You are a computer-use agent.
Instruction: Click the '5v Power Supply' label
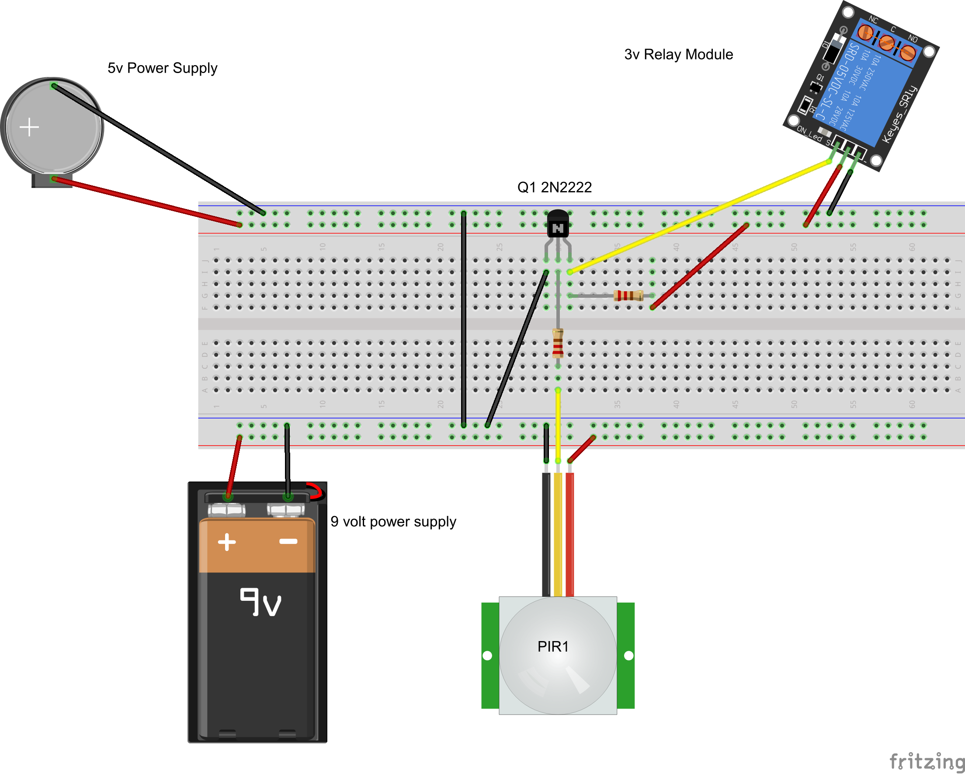click(162, 68)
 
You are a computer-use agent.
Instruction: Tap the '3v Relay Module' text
click(678, 55)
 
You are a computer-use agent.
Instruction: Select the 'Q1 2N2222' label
click(554, 187)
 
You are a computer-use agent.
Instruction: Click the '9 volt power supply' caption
click(393, 522)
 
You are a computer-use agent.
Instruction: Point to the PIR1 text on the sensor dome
click(553, 646)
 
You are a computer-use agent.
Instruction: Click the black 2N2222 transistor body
click(558, 224)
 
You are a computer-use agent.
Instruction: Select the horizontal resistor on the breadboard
click(628, 295)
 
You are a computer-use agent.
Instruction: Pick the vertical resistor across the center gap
click(558, 344)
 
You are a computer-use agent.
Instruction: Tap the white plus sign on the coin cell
click(30, 127)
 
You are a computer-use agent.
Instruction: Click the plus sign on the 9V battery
click(227, 542)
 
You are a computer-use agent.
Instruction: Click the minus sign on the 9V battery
click(288, 541)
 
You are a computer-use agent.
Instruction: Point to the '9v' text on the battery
click(261, 603)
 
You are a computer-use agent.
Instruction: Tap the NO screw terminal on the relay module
click(908, 53)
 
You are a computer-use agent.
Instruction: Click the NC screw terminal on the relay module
click(866, 33)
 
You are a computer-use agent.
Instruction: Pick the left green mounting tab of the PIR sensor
click(489, 655)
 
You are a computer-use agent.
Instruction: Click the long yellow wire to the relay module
click(698, 217)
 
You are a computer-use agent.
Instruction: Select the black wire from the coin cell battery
click(156, 149)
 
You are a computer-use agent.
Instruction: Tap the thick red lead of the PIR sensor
click(569, 533)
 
